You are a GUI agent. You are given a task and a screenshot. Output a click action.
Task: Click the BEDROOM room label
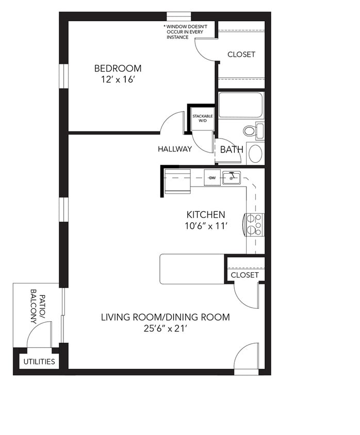click(118, 68)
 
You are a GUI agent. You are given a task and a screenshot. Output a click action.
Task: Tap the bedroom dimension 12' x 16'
click(118, 80)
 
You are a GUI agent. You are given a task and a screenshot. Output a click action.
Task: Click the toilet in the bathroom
click(254, 131)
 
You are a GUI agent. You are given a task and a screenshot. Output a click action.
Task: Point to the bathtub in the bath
click(241, 105)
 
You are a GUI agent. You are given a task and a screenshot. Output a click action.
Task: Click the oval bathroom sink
click(255, 153)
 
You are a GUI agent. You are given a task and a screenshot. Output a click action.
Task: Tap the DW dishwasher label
click(211, 178)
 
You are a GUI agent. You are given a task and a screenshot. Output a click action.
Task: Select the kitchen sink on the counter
click(232, 178)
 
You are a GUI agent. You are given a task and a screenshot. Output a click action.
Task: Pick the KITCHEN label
click(205, 214)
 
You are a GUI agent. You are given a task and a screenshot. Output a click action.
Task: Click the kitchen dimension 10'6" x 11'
click(205, 226)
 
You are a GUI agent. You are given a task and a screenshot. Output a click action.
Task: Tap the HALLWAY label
click(175, 149)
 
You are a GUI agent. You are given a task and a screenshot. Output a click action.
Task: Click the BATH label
click(232, 149)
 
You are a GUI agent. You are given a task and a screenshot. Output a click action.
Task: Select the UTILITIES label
click(39, 361)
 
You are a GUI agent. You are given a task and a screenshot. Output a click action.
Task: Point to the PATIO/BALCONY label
click(39, 309)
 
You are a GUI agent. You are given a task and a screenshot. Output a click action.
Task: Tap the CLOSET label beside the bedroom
click(241, 54)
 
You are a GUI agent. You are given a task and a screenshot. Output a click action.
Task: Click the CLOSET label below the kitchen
click(244, 275)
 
